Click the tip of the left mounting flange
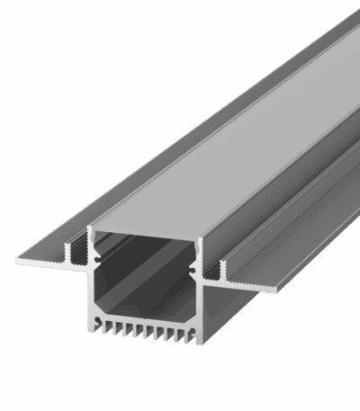(x=20, y=262)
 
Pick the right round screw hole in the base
(x=192, y=320)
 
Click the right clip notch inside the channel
(x=193, y=267)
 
